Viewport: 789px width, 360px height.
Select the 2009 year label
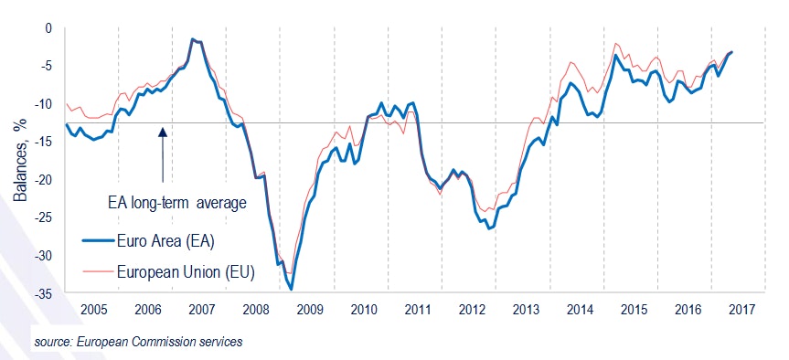coord(310,309)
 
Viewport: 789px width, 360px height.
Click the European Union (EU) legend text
coord(186,270)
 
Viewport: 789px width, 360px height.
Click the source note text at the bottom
coord(126,342)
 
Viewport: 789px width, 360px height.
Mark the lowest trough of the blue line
coord(292,289)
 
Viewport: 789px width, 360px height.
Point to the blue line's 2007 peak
coord(192,39)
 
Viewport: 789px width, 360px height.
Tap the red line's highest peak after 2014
coord(617,43)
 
